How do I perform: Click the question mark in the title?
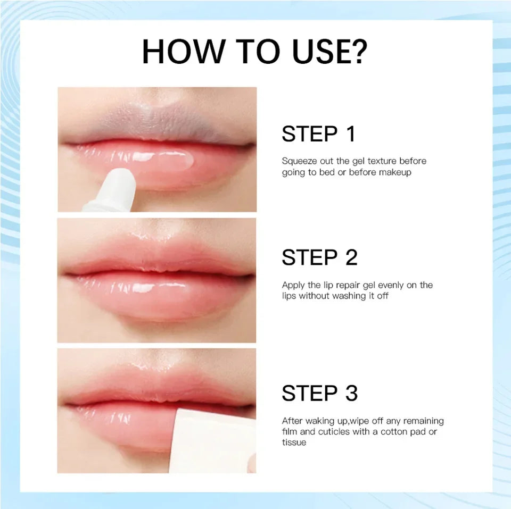pos(357,51)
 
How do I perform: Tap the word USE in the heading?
pos(314,51)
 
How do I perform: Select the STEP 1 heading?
pos(318,134)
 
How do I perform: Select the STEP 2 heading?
pos(319,257)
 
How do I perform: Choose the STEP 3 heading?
pos(319,394)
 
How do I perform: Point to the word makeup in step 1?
pos(395,172)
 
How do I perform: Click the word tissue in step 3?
pos(294,443)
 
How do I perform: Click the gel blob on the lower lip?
pos(178,158)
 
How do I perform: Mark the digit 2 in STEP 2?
pos(351,257)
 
